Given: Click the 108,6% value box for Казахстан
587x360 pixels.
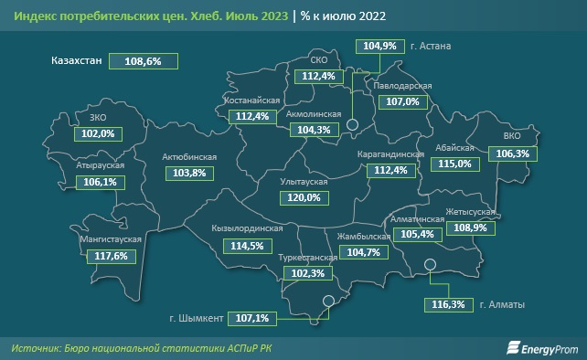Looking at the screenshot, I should click(143, 60).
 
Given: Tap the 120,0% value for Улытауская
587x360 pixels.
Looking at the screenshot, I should click(304, 197).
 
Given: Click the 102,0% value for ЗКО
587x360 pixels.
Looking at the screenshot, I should click(98, 133).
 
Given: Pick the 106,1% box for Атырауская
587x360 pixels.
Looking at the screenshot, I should click(98, 183).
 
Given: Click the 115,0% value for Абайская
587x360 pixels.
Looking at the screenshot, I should click(454, 164).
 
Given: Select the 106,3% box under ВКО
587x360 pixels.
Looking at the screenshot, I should click(510, 155).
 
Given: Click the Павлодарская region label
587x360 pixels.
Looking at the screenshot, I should click(402, 86).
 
